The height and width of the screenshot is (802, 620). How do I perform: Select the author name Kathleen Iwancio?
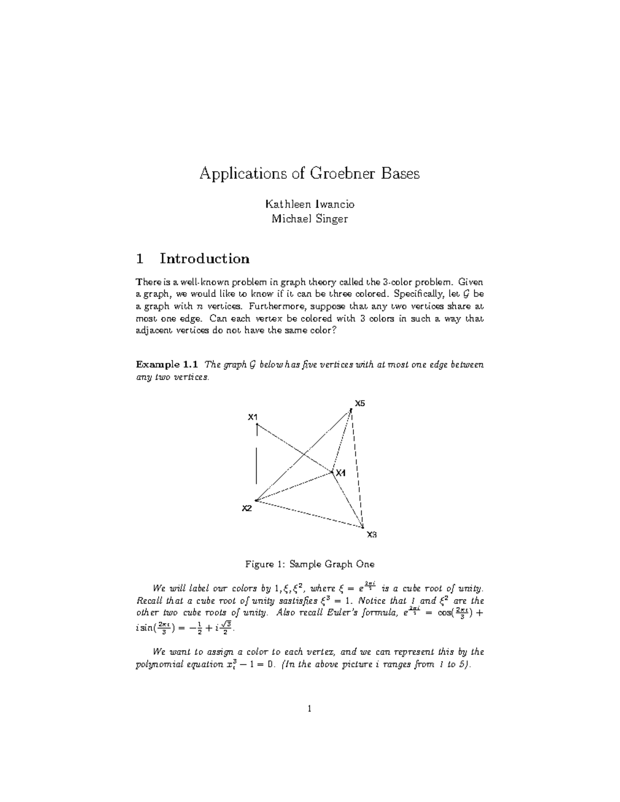coord(309,204)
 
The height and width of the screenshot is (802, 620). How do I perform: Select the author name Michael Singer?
coord(309,218)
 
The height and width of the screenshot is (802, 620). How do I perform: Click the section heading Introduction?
coord(205,258)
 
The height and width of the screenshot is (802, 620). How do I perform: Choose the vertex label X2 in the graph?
coord(247,508)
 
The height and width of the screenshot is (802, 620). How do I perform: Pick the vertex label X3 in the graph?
coord(371,534)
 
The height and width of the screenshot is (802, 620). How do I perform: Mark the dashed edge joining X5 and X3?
coord(358,465)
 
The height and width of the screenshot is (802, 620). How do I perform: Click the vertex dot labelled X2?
coord(256,500)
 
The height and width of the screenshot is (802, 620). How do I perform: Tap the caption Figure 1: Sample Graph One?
coord(309,564)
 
